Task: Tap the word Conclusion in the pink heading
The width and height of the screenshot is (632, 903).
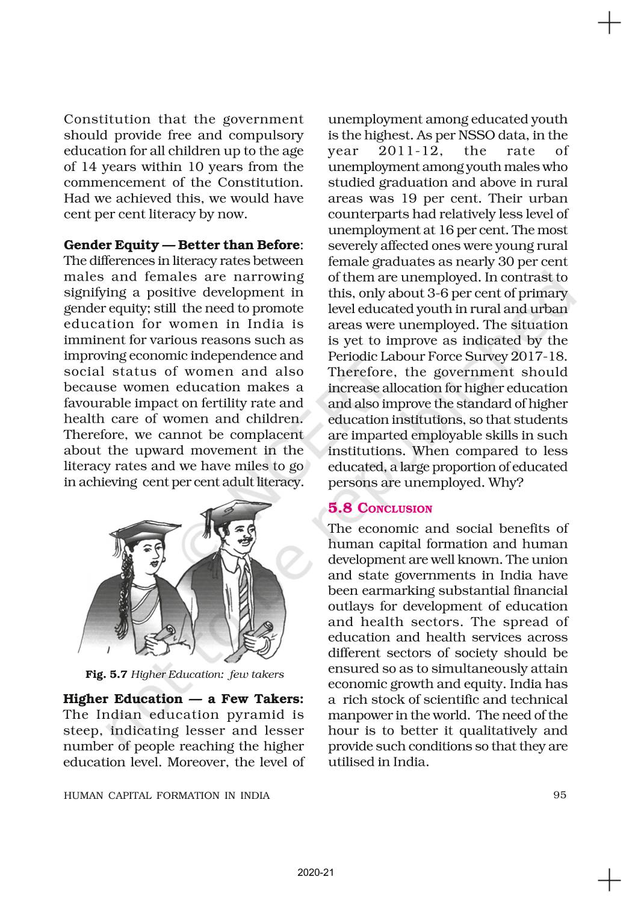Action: point(395,509)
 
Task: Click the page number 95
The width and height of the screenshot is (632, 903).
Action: point(560,795)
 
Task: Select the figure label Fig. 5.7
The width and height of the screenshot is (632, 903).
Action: point(105,674)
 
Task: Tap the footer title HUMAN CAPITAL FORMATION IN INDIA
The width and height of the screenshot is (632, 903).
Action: point(167,795)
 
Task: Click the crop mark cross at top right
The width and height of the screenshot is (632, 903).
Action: point(609,25)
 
